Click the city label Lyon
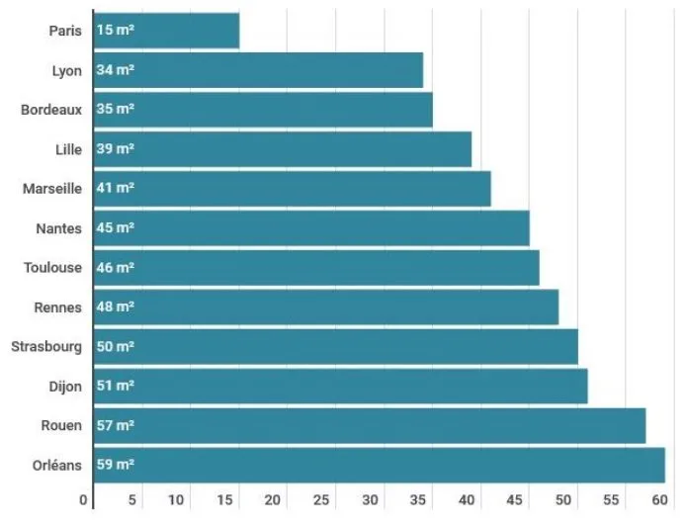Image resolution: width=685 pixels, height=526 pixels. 66,70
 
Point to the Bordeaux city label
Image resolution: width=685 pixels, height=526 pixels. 51,110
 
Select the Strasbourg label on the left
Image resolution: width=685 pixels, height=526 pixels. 46,346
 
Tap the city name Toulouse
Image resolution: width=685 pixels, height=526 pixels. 52,267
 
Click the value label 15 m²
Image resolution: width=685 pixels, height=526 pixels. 116,31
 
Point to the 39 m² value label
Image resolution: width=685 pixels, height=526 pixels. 116,149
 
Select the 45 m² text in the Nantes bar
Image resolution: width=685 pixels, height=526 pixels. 116,227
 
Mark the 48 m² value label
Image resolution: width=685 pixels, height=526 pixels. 116,307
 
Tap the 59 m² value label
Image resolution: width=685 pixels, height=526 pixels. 116,465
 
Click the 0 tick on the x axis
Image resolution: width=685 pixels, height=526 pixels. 84,499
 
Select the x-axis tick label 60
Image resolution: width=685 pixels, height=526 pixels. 660,499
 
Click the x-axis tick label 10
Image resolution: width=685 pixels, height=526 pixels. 176,499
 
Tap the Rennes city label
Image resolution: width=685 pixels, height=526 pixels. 57,307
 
